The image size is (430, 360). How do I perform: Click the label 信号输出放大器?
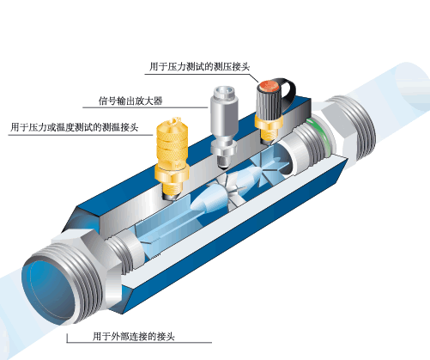pyautogui.click(x=130, y=101)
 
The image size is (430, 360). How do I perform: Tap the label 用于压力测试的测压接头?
pyautogui.click(x=199, y=67)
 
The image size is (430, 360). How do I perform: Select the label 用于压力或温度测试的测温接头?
pyautogui.click(x=75, y=127)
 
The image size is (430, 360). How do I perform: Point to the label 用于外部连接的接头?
pyautogui.click(x=133, y=336)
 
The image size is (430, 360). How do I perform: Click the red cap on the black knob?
pyautogui.click(x=269, y=85)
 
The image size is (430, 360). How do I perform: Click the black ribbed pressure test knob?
pyautogui.click(x=269, y=101)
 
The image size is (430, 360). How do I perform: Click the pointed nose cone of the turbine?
pyautogui.click(x=201, y=199)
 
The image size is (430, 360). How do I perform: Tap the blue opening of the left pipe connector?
pyautogui.click(x=50, y=290)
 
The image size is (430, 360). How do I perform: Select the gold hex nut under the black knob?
pyautogui.click(x=269, y=122)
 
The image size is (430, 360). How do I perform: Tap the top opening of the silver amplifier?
pyautogui.click(x=226, y=91)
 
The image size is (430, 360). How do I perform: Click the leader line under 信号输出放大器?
pyautogui.click(x=145, y=107)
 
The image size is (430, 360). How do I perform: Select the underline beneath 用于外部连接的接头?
pyautogui.click(x=139, y=342)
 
